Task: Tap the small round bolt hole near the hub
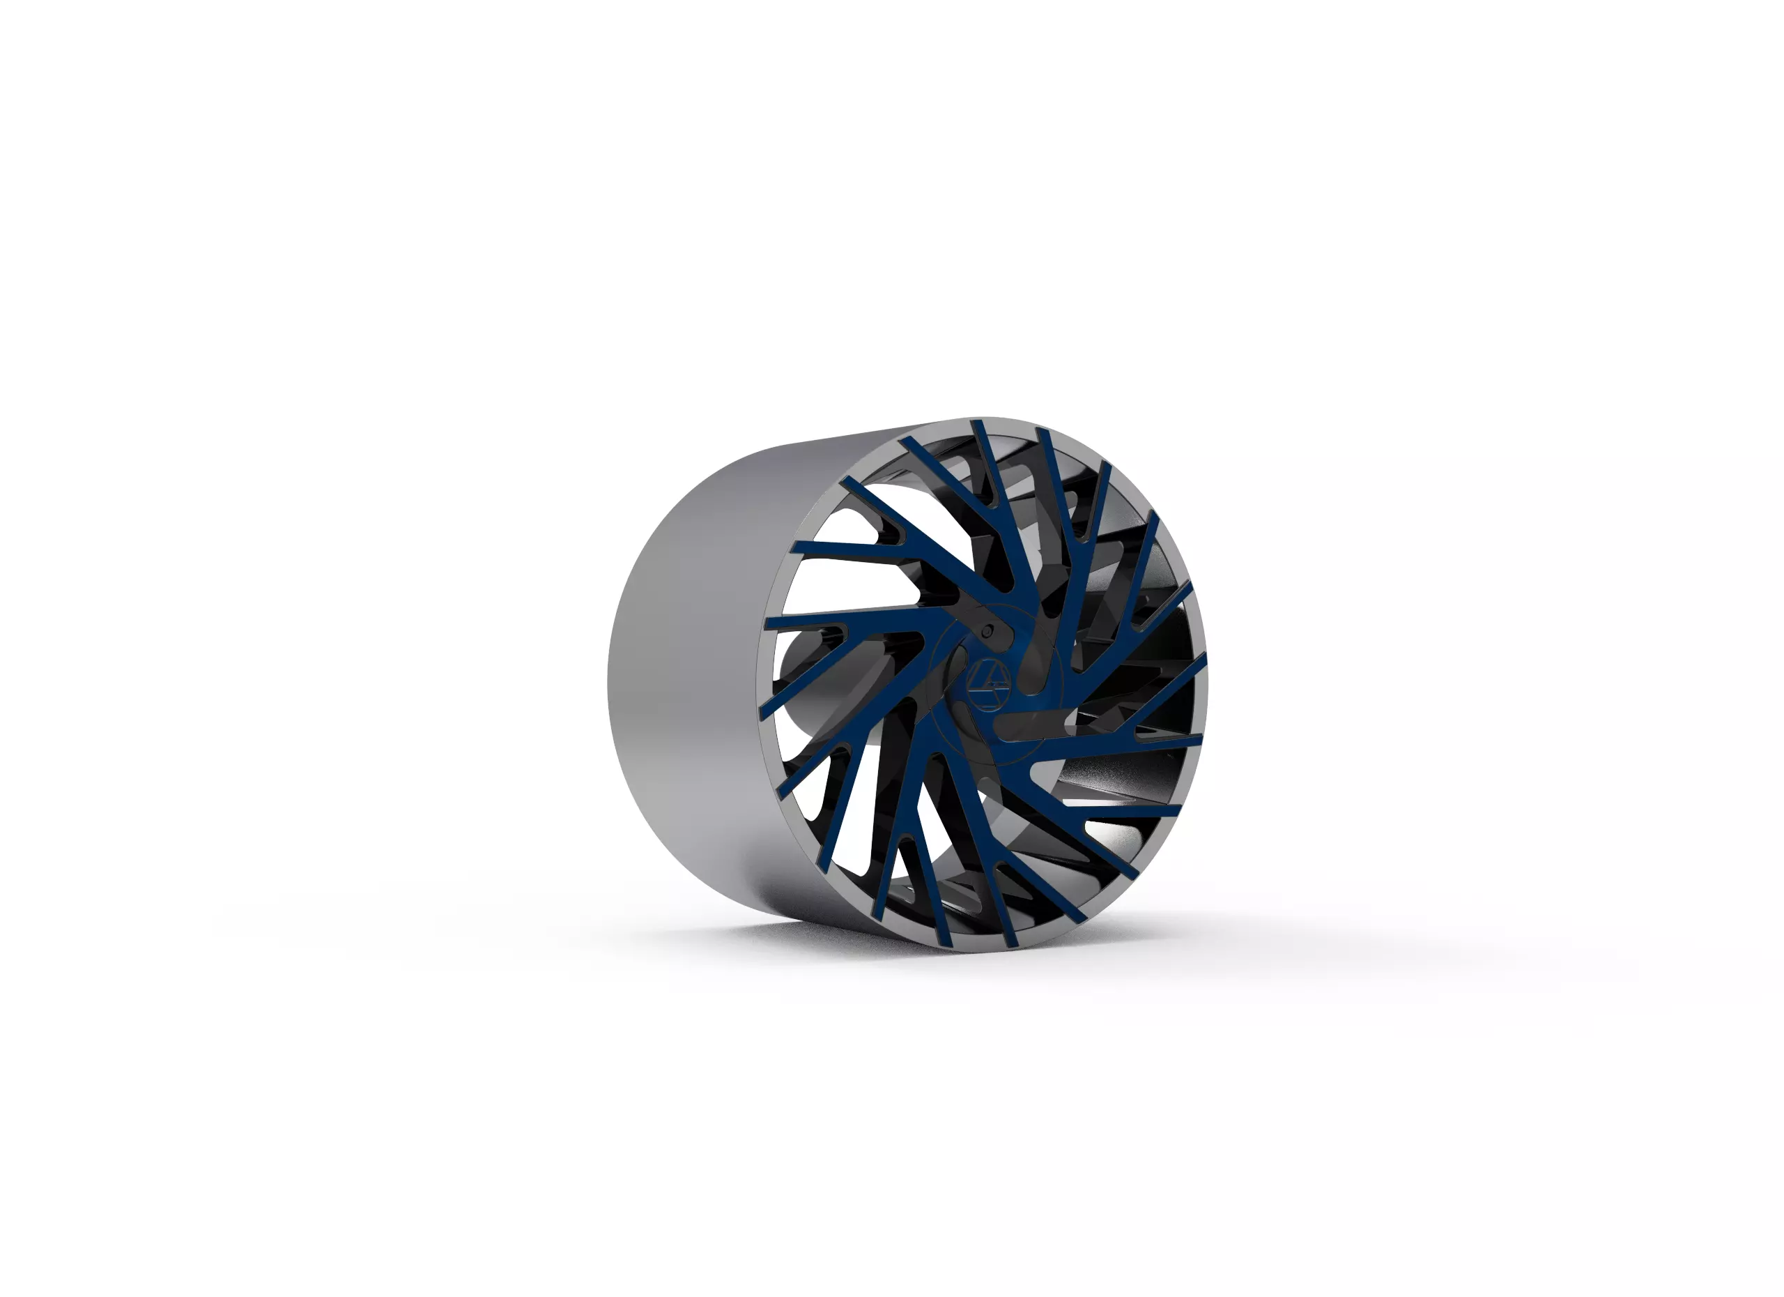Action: click(x=986, y=632)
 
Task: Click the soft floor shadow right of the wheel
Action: click(x=1298, y=944)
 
